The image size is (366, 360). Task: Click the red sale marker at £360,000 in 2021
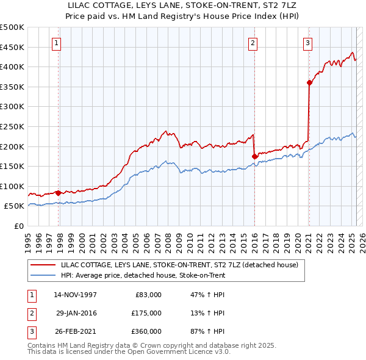pyautogui.click(x=309, y=83)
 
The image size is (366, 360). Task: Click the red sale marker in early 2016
pyautogui.click(x=254, y=156)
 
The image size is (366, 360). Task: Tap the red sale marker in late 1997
pyautogui.click(x=58, y=193)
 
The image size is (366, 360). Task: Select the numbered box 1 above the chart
pyautogui.click(x=56, y=43)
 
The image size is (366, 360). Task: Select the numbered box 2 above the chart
pyautogui.click(x=253, y=43)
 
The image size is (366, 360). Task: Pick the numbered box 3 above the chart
pyautogui.click(x=308, y=43)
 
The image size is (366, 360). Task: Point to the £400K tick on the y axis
pyautogui.click(x=12, y=67)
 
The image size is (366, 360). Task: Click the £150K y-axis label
pyautogui.click(x=12, y=166)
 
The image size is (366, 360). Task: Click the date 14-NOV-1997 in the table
pyautogui.click(x=76, y=295)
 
